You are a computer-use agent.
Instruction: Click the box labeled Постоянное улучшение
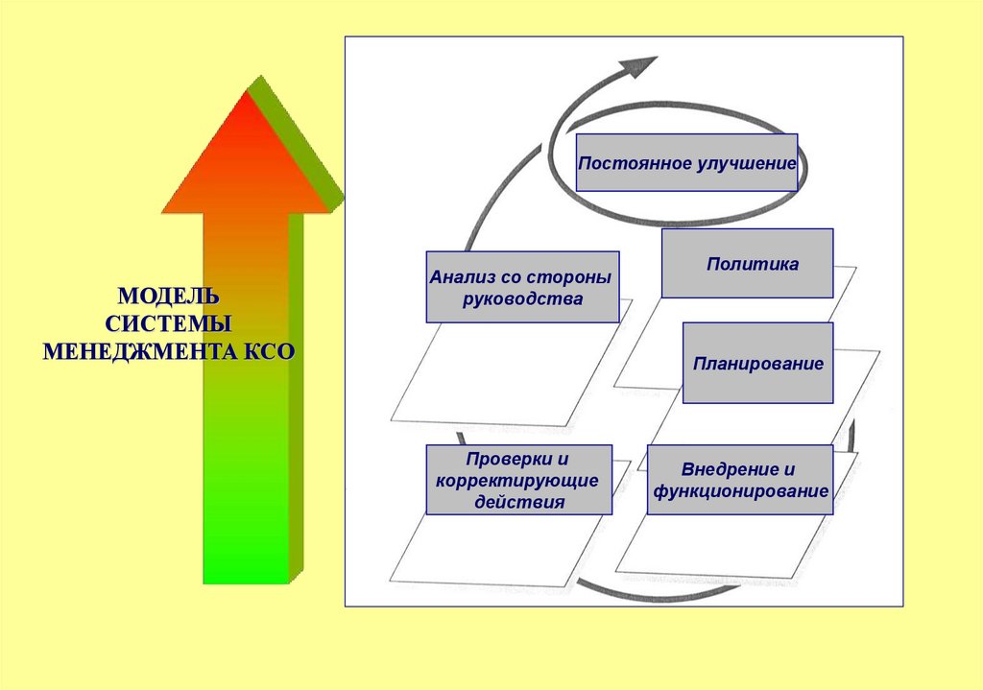686,162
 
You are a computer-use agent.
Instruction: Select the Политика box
747,263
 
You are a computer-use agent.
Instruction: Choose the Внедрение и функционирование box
740,479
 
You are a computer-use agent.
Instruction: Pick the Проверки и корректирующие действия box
518,479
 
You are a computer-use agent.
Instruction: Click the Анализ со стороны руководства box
522,286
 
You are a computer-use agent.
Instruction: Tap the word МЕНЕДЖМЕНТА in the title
132,350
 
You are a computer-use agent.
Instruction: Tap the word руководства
522,298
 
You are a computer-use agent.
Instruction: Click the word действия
518,501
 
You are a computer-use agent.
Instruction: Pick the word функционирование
740,491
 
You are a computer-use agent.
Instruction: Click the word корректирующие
518,480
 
